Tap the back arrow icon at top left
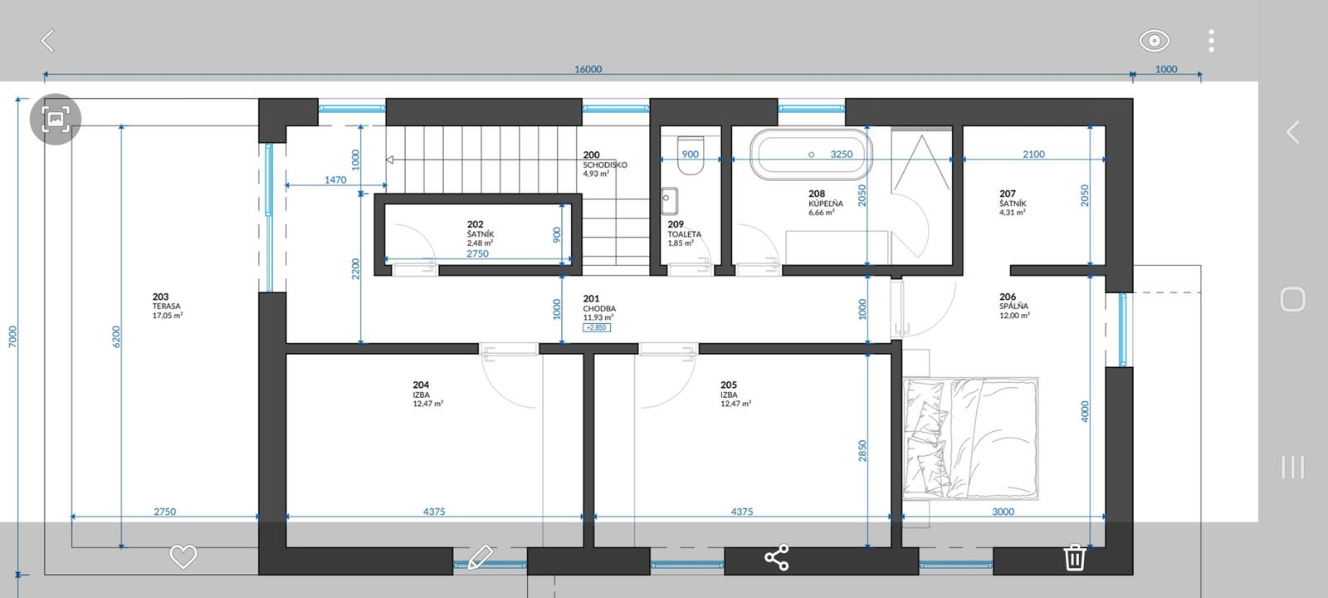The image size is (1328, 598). pos(47,41)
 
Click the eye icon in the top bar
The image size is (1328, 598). pos(1154,41)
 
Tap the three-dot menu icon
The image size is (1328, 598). pos(1211,41)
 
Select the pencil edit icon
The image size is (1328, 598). pos(480,557)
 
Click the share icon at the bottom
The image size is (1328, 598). pos(777,557)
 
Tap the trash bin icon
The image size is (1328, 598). pos(1074,557)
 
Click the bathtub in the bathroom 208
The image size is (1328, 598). pos(811,154)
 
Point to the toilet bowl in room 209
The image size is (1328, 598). pos(690,155)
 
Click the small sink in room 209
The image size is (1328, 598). pos(669,201)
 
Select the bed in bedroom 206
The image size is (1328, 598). pos(970,438)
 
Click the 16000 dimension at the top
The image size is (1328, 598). pos(588,69)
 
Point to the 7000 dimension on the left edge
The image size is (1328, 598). pos(12,336)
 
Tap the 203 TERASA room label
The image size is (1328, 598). pos(167,306)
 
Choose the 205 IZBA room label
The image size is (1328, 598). pos(735,394)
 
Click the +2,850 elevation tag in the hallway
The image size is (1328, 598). pos(597,327)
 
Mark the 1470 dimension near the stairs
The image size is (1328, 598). pos(335,179)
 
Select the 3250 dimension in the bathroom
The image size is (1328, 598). pos(842,154)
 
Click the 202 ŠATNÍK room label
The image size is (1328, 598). pos(481,233)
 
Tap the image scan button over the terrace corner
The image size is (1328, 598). pos(56,120)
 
